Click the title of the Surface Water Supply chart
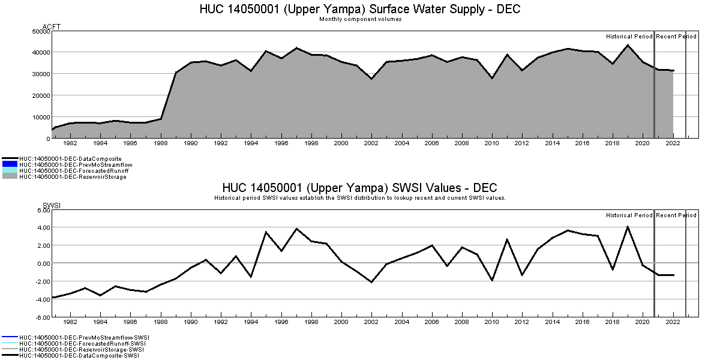coord(359,10)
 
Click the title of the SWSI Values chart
coord(359,188)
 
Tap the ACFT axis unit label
coord(52,27)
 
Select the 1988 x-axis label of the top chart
coord(161,143)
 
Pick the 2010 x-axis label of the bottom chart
coord(492,322)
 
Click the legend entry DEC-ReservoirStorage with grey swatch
coord(73,176)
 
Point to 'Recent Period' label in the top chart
coord(676,37)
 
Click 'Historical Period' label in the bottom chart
coord(629,215)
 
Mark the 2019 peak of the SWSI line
coord(628,227)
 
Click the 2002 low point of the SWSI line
coord(372,282)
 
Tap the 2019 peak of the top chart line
coord(628,45)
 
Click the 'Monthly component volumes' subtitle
coord(360,19)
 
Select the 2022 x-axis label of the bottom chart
coord(673,322)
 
